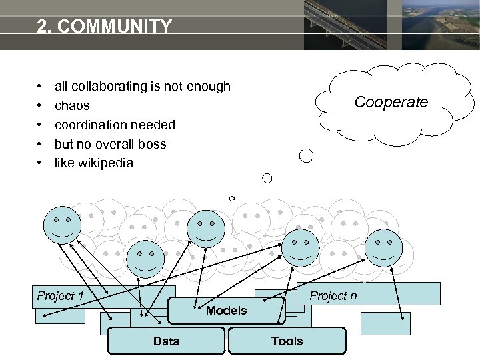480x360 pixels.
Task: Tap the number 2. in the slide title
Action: coord(45,27)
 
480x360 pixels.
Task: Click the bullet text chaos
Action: coord(72,105)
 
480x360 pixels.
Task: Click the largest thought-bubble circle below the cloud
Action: coord(306,156)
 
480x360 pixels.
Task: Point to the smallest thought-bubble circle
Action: coord(232,199)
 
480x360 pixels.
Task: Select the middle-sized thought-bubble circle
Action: coord(267,178)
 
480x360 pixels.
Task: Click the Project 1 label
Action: coord(60,296)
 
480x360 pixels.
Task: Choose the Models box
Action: coord(226,311)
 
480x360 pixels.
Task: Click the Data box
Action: coord(166,341)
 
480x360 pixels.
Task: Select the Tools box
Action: coord(287,341)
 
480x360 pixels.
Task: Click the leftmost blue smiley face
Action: coord(63,225)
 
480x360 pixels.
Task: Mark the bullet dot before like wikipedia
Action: coord(41,163)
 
